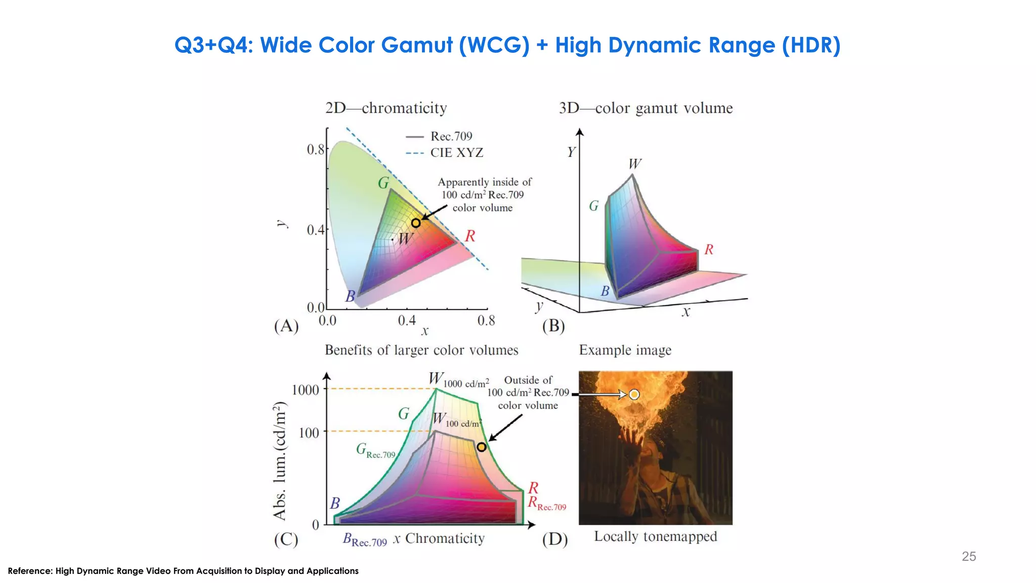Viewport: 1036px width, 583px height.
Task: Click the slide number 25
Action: point(968,556)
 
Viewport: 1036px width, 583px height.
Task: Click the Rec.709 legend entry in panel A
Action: point(451,136)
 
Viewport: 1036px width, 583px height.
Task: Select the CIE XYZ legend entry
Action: point(456,153)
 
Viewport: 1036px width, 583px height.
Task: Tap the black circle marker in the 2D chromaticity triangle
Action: point(416,223)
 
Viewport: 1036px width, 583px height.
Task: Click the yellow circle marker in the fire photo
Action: point(634,394)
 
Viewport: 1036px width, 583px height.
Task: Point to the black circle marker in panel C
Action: point(482,447)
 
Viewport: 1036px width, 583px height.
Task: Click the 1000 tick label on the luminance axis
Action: point(306,390)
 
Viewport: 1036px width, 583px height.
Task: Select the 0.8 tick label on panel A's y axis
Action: point(315,150)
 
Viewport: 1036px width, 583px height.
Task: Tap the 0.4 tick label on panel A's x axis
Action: point(406,321)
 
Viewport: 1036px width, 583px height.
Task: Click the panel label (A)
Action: point(286,326)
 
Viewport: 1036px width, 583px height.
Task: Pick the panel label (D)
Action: point(555,539)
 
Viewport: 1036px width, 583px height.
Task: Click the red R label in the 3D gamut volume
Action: point(709,249)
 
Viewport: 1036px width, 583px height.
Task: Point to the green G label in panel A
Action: point(383,183)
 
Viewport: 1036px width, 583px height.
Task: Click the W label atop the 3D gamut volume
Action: point(635,164)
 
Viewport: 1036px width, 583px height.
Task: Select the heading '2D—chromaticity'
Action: point(386,108)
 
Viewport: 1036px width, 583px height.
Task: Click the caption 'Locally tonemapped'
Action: point(655,536)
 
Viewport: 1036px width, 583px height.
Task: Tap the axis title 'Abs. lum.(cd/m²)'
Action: point(280,461)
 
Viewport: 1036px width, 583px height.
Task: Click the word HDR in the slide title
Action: point(811,45)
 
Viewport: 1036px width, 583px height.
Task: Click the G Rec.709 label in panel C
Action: point(375,450)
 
